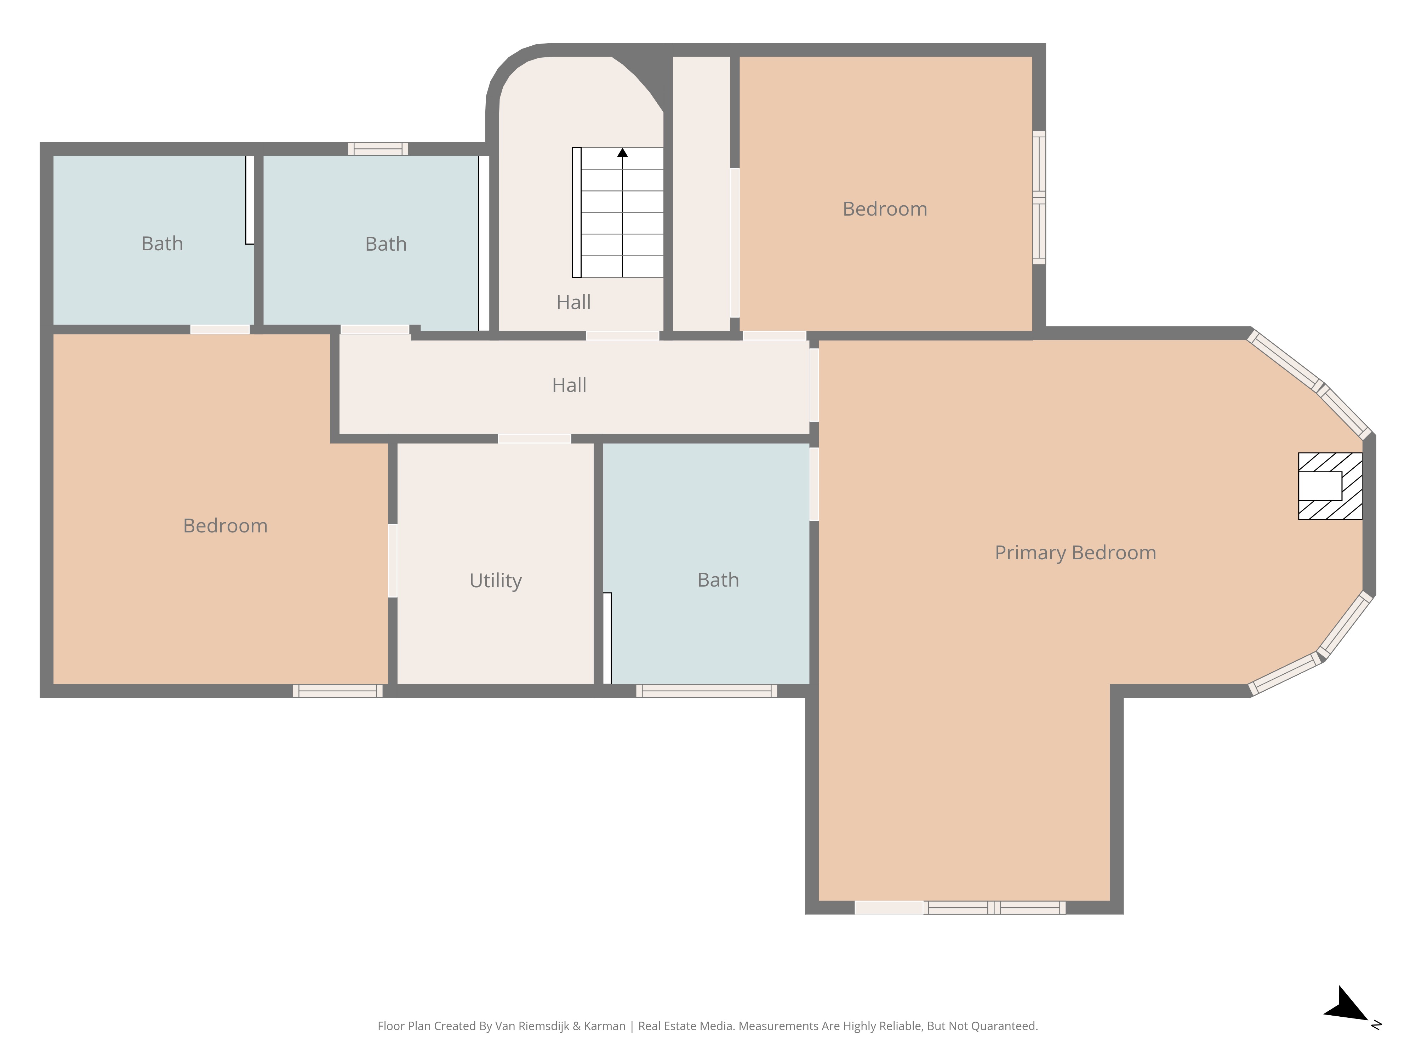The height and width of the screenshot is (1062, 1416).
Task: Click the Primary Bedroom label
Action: [x=1075, y=553]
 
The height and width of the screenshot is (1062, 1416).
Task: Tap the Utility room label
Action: [x=496, y=581]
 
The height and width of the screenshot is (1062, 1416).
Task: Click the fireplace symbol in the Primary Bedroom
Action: [x=1330, y=486]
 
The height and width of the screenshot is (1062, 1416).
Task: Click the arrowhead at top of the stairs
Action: [x=622, y=152]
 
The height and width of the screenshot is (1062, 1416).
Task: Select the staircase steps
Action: [x=618, y=212]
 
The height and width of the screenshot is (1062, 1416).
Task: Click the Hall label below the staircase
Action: [x=573, y=302]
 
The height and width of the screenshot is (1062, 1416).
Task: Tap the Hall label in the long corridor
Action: [x=569, y=385]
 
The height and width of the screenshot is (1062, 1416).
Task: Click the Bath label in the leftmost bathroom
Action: [x=162, y=244]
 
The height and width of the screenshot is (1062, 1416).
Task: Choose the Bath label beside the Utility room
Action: [x=718, y=580]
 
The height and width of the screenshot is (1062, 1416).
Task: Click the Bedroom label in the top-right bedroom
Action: [x=885, y=209]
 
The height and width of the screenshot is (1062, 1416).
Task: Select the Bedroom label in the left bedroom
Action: [x=225, y=526]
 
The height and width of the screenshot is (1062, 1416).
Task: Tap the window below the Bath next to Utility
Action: [x=707, y=691]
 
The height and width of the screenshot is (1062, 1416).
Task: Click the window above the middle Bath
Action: [x=378, y=149]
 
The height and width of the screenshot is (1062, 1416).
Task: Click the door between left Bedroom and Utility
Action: [x=392, y=561]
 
